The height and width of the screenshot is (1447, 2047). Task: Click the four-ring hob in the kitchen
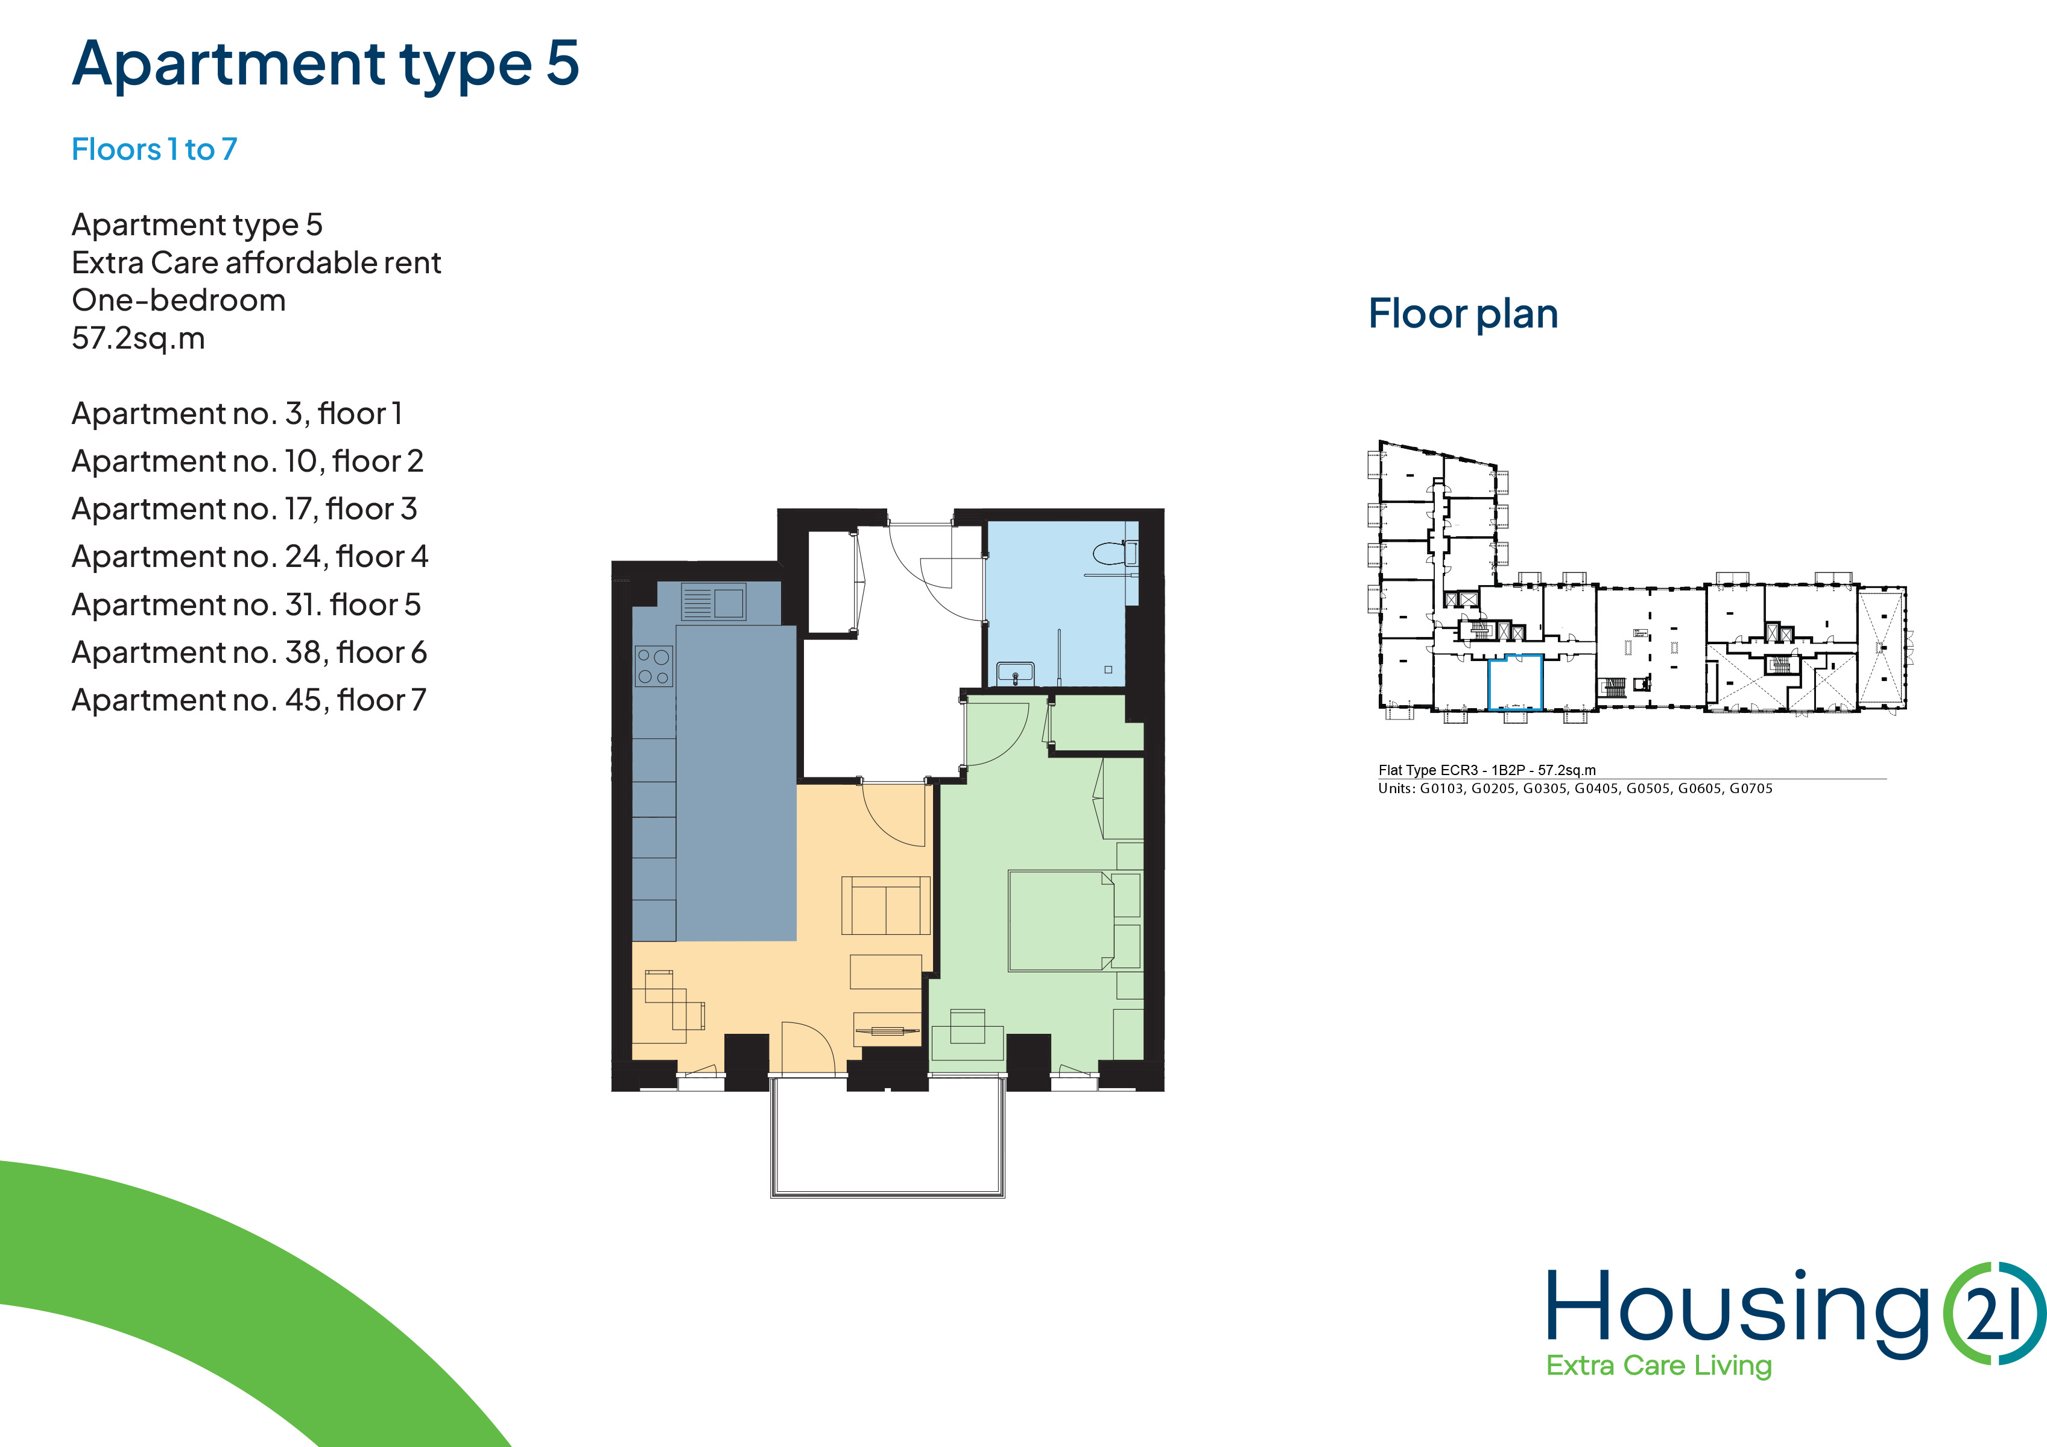tap(654, 666)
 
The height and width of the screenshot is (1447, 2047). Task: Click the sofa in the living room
tap(886, 905)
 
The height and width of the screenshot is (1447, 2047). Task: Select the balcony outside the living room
tap(888, 1137)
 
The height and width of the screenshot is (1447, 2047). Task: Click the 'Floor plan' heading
tap(1463, 314)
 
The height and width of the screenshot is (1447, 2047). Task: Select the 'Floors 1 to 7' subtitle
tap(154, 149)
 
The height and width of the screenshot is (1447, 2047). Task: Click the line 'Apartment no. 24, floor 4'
tap(250, 556)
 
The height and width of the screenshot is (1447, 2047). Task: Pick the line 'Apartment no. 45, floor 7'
tap(248, 700)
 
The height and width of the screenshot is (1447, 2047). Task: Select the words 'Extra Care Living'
tap(1658, 1366)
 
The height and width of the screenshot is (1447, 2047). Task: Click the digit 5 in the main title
tap(563, 63)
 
